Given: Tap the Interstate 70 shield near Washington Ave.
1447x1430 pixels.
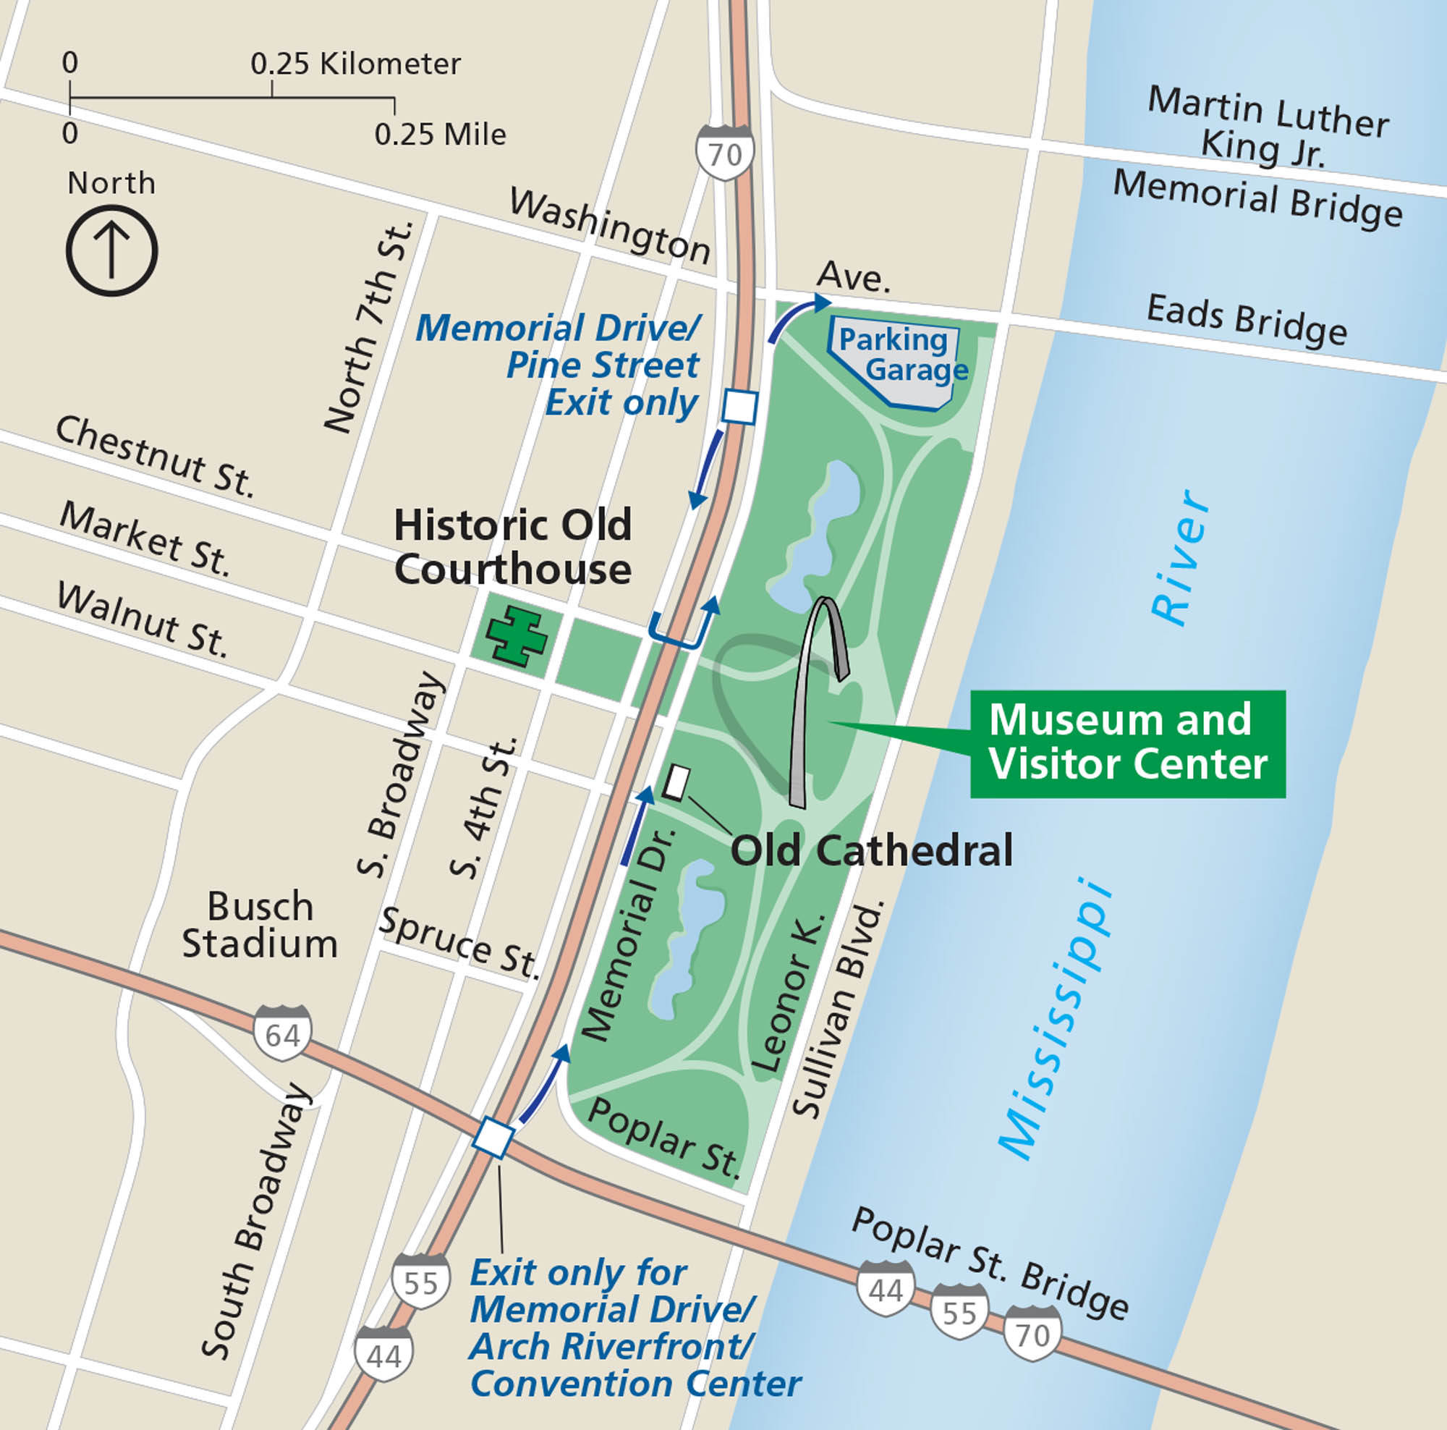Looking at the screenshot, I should pos(724,153).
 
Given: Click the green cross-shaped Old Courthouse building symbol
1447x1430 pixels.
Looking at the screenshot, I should pos(516,636).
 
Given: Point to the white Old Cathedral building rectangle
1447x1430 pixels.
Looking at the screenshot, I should pos(676,782).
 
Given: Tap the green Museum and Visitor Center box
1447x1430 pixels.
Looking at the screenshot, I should pos(1127,743).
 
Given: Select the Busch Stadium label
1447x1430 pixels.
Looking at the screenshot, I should pos(259,924).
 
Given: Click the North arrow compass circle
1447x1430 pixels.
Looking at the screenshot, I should pos(111,251).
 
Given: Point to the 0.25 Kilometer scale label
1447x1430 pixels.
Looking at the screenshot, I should pos(355,64).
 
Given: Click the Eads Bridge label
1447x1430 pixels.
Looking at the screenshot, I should pos(1247,321).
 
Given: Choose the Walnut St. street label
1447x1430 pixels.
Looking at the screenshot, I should pos(142,620).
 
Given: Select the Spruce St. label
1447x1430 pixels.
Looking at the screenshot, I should pos(459,942).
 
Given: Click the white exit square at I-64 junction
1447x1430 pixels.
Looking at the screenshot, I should pos(493,1138).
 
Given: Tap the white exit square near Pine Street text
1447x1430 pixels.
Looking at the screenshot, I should pos(740,407).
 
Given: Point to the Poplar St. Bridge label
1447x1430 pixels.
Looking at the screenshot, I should pos(988,1262).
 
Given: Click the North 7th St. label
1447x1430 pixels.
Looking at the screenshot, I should pos(369,326).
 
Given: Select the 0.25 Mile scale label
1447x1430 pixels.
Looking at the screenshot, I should pos(440,135).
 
